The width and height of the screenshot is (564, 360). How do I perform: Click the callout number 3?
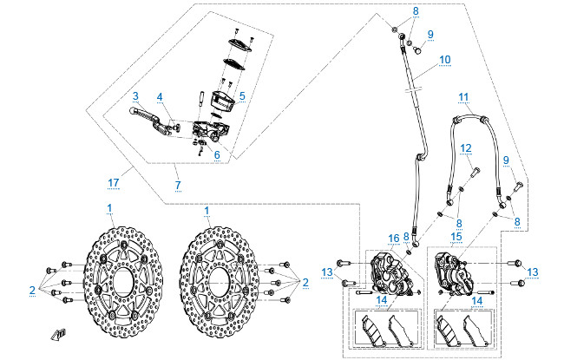(136, 95)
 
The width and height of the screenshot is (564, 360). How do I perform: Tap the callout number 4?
(160, 96)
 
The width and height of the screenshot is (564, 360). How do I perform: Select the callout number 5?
(242, 95)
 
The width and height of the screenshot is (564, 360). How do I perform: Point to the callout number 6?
(218, 155)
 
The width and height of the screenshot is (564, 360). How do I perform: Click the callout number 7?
(177, 187)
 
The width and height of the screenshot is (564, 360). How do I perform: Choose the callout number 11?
(463, 96)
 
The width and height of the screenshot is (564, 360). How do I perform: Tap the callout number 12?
(466, 147)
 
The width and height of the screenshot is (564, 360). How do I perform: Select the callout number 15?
(457, 236)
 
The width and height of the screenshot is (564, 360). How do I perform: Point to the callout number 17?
(113, 181)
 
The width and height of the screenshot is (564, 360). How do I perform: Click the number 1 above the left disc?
(110, 210)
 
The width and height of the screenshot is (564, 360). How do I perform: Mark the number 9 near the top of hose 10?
(430, 34)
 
